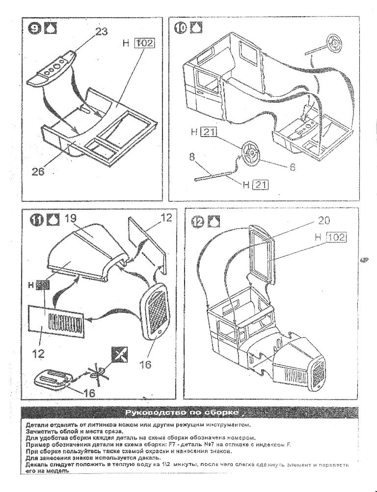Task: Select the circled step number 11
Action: tap(36, 220)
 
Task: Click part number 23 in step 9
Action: tap(101, 31)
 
